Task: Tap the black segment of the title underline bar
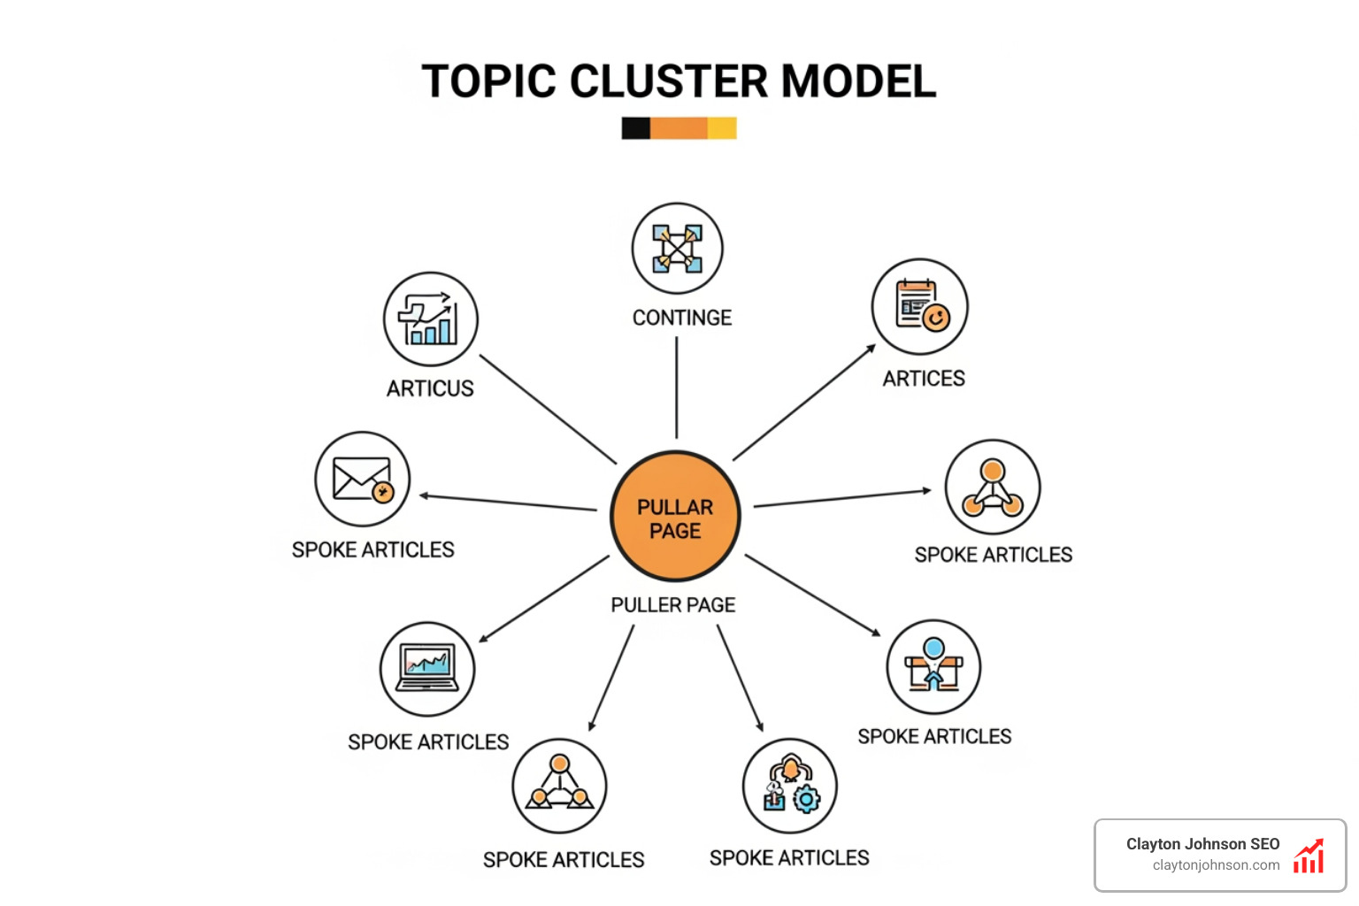(x=635, y=128)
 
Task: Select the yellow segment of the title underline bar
(x=722, y=128)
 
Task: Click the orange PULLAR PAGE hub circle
(x=675, y=518)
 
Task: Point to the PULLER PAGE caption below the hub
(x=673, y=605)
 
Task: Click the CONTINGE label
(x=681, y=318)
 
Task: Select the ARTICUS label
(x=430, y=388)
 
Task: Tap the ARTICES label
(x=924, y=379)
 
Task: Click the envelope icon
(x=362, y=480)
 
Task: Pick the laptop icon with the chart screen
(x=427, y=669)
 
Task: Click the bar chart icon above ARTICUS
(x=431, y=319)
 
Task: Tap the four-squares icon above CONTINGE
(x=677, y=249)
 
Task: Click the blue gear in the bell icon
(x=806, y=800)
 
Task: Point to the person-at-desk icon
(x=933, y=667)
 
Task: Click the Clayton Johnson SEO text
(x=1202, y=844)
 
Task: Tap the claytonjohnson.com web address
(x=1216, y=865)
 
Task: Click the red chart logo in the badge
(x=1309, y=856)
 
